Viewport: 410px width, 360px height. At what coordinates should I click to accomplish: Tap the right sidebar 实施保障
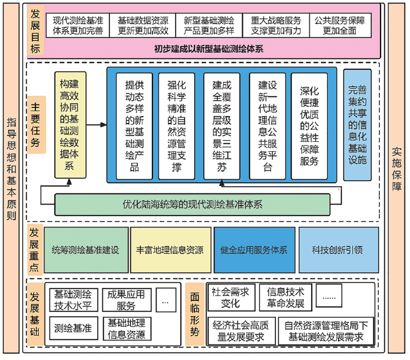click(397, 178)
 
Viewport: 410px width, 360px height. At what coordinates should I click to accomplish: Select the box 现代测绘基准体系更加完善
click(77, 25)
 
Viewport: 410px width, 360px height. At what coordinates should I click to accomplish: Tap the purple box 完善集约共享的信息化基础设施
click(357, 125)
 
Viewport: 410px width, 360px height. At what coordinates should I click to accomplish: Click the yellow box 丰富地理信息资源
click(170, 250)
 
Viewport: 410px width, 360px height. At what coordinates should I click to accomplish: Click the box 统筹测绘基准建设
click(85, 250)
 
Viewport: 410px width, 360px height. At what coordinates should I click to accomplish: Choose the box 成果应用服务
click(125, 300)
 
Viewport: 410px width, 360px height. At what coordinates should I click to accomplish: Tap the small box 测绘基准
click(73, 329)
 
